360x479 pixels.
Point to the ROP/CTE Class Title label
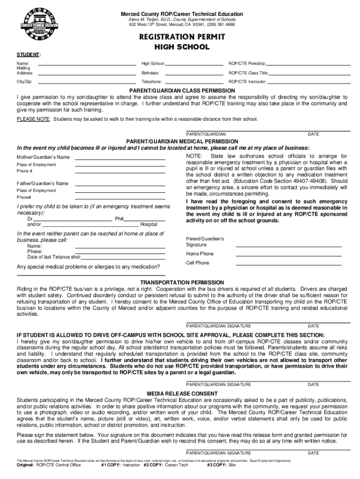click(x=248, y=73)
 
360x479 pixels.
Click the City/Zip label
click(x=24, y=81)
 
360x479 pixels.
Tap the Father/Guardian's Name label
click(x=43, y=183)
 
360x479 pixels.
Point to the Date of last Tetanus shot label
click(x=54, y=257)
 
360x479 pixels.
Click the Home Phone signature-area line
click(x=288, y=255)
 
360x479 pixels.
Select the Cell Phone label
click(x=198, y=263)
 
